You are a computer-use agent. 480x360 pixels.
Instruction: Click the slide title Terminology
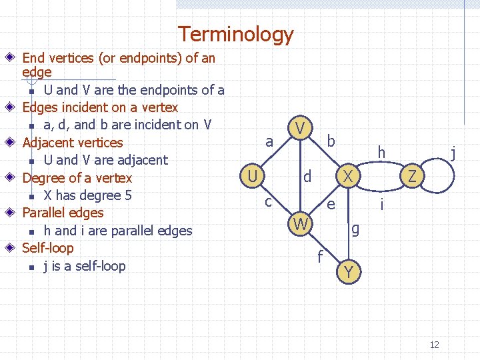[235, 34]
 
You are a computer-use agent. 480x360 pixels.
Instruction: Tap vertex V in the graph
[301, 127]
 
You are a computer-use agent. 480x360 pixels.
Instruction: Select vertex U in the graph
[251, 176]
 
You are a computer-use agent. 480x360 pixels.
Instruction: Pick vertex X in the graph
[347, 176]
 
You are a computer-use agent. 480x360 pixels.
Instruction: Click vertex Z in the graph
[413, 177]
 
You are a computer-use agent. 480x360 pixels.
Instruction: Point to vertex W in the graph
[301, 225]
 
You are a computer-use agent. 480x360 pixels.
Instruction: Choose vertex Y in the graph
[349, 272]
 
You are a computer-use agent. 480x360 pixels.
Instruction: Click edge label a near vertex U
[269, 141]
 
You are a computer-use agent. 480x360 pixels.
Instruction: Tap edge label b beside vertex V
[331, 141]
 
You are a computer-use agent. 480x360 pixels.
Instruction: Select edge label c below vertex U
[267, 201]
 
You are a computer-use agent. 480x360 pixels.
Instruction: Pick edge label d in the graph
[307, 177]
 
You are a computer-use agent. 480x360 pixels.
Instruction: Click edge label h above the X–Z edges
[381, 153]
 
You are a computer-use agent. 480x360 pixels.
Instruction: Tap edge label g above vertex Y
[355, 229]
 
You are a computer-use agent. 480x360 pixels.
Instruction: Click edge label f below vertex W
[321, 255]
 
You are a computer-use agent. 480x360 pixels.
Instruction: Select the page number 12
[435, 345]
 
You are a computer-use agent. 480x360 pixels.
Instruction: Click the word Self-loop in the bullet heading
[48, 248]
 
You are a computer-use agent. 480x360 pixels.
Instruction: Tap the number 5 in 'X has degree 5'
[128, 195]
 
